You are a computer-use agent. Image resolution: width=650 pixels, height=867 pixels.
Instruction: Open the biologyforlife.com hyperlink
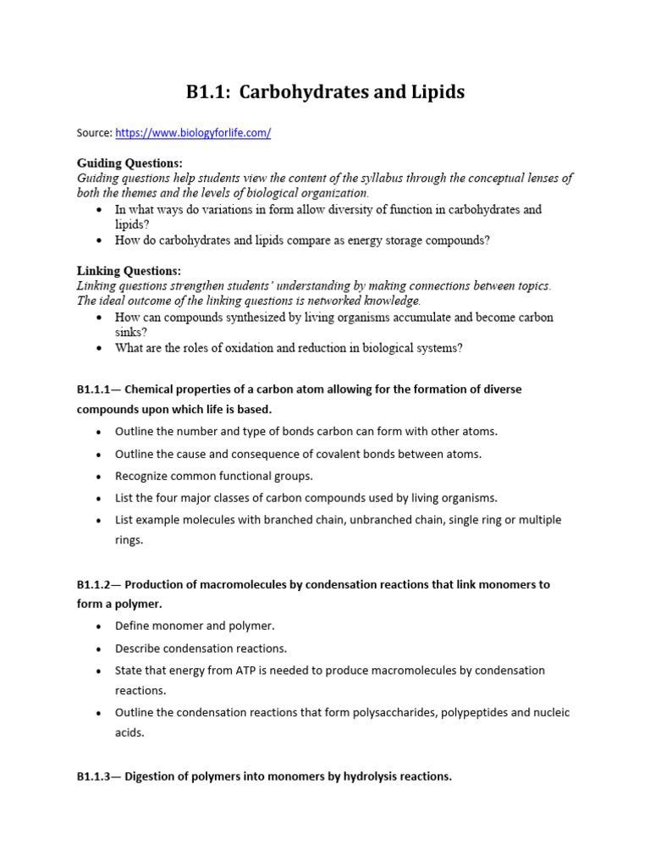[193, 134]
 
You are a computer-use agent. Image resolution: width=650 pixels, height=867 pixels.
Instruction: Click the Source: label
[94, 134]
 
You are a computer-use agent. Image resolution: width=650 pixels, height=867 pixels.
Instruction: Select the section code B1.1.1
[95, 389]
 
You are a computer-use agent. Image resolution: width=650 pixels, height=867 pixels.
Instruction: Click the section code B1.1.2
[95, 585]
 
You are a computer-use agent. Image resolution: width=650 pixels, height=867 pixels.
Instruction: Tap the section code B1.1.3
[95, 776]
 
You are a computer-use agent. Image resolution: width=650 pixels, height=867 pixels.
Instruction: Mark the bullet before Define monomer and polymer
[99, 627]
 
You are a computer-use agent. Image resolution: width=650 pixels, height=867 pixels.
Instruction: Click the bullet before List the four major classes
[99, 499]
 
